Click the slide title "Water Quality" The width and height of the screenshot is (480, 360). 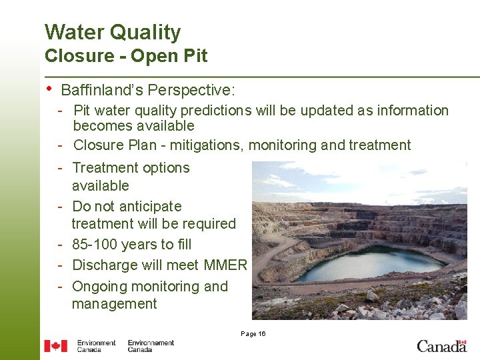point(113,32)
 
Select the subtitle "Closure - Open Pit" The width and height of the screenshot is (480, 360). point(126,56)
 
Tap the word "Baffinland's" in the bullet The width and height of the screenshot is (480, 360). point(102,89)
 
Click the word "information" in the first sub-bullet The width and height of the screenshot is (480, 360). point(408,111)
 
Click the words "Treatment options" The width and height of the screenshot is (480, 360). point(131,168)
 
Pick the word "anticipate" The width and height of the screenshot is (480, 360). point(150,207)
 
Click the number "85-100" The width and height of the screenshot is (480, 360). point(95,245)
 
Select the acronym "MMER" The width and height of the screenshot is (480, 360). point(225,265)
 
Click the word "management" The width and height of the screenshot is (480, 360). point(115,304)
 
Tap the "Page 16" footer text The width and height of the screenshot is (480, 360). point(253,333)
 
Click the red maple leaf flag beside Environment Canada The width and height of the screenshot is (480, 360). point(55,346)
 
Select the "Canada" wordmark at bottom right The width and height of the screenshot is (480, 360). point(441,345)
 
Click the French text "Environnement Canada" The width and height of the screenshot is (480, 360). point(151,346)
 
